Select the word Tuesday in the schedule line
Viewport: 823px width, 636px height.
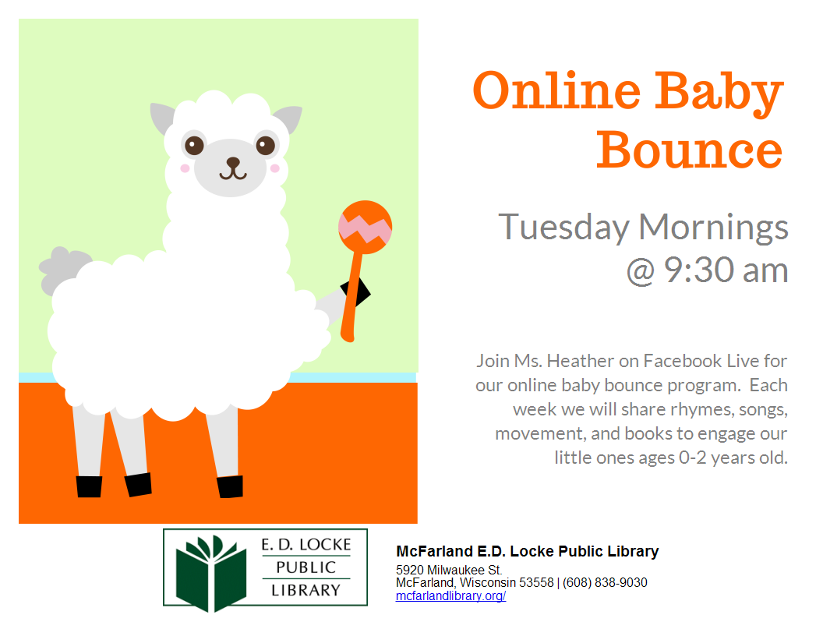coord(563,227)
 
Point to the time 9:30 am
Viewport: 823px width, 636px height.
coord(726,270)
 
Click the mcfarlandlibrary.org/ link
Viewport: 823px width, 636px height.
coord(450,596)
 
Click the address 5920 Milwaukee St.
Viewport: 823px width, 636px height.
coord(449,570)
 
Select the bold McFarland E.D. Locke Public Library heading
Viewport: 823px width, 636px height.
coord(527,552)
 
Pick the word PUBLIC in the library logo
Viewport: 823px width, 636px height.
coord(306,567)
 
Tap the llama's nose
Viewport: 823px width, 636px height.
coord(233,162)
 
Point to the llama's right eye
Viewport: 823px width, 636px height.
coord(266,145)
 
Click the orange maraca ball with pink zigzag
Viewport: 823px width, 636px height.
coord(365,226)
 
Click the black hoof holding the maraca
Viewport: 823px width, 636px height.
coord(356,295)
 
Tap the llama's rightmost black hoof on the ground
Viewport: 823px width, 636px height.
coord(230,486)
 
